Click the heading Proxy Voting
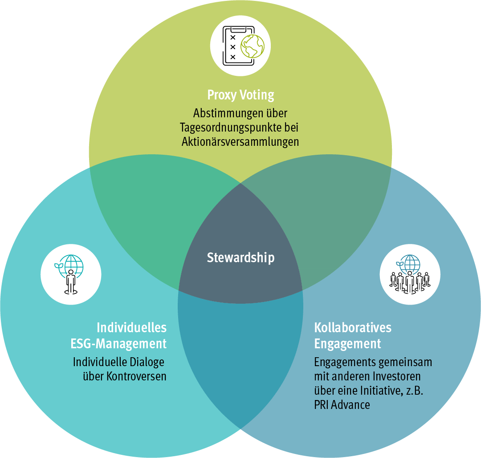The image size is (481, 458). coord(240,95)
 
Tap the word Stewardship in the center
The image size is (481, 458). coord(240,258)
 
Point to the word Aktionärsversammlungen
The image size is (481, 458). coord(240,142)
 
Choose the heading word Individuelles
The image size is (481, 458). coord(132,328)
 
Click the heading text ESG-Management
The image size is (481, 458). coord(118,344)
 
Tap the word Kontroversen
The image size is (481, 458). coord(136,376)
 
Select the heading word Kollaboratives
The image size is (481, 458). coord(353,328)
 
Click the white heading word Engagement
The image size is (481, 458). coord(347,344)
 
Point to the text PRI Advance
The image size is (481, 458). coord(342,405)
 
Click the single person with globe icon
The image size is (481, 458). coord(71,273)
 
